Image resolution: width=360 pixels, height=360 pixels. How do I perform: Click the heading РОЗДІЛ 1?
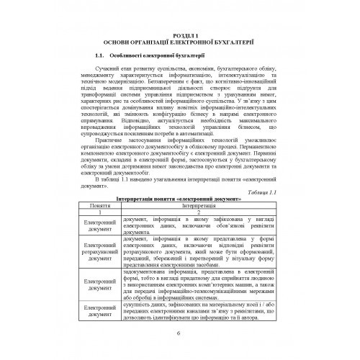tap(180, 34)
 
